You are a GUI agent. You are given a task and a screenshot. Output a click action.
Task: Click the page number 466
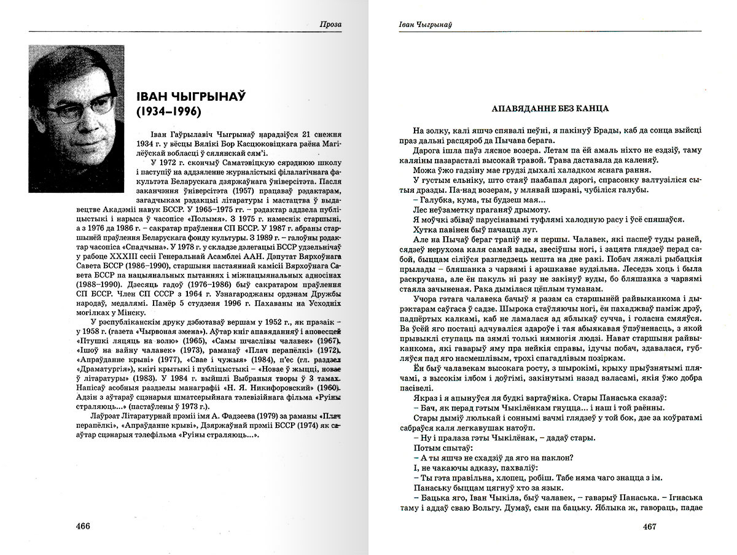(x=82, y=526)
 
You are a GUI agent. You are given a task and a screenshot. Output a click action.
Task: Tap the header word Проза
(x=331, y=25)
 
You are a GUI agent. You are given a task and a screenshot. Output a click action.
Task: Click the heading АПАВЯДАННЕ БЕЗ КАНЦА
(x=550, y=109)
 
